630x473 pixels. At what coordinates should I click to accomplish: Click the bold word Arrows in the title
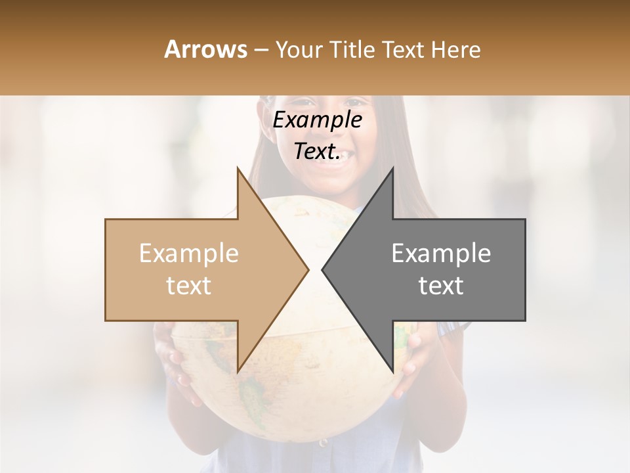coord(205,49)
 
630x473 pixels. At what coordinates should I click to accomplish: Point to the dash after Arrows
coord(261,50)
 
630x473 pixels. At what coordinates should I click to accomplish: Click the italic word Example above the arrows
coord(317,120)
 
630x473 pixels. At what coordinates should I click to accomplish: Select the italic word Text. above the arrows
coord(317,152)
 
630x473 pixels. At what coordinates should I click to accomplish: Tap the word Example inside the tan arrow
coord(189,254)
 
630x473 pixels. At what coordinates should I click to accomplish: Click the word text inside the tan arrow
coord(189,286)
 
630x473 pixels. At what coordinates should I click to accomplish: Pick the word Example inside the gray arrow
coord(441,254)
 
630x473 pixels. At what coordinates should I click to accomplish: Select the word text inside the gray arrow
coord(441,286)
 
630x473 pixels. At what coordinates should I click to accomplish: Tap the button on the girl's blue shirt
coord(322,442)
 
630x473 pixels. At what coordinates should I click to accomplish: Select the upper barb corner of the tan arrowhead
coord(238,169)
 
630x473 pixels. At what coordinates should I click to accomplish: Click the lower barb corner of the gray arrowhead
coord(392,372)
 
